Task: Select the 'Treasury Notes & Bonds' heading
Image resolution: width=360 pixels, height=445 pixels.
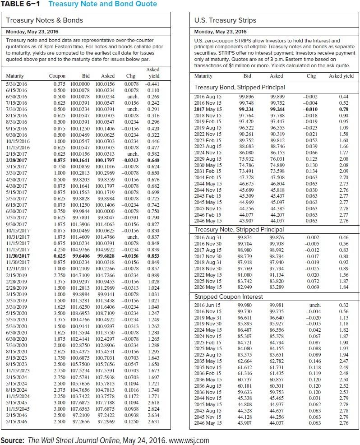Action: (45, 20)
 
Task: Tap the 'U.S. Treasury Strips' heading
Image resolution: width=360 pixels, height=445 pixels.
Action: (225, 20)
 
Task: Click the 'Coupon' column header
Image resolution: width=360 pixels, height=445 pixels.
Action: (57, 76)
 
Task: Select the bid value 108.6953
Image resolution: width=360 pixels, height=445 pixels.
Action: (86, 312)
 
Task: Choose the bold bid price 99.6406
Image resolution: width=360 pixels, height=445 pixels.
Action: (86, 255)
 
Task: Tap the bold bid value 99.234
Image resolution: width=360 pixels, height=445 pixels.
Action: (245, 109)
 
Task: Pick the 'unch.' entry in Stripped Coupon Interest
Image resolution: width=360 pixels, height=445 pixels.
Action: (311, 306)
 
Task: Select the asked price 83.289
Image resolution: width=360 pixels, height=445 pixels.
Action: (277, 287)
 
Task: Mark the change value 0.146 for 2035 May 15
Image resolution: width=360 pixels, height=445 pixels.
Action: (311, 361)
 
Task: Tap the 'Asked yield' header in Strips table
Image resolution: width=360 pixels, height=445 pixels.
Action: (341, 76)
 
